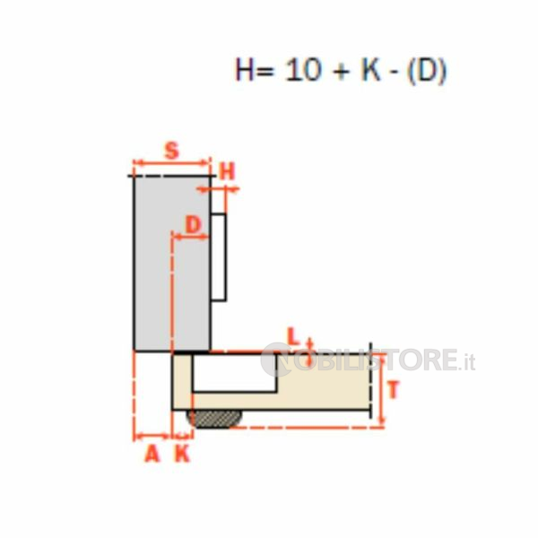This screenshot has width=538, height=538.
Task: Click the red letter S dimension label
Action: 172,151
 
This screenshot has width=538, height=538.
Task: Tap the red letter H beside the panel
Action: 228,171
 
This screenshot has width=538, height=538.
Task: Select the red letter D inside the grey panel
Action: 193,225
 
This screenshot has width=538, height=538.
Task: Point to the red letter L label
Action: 292,336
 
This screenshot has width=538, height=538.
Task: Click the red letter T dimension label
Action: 394,390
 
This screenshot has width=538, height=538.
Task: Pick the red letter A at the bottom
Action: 152,455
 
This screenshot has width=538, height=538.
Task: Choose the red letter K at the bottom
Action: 182,455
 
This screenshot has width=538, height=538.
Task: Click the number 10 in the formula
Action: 303,70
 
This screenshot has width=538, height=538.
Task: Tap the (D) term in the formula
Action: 427,71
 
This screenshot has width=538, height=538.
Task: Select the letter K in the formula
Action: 371,70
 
